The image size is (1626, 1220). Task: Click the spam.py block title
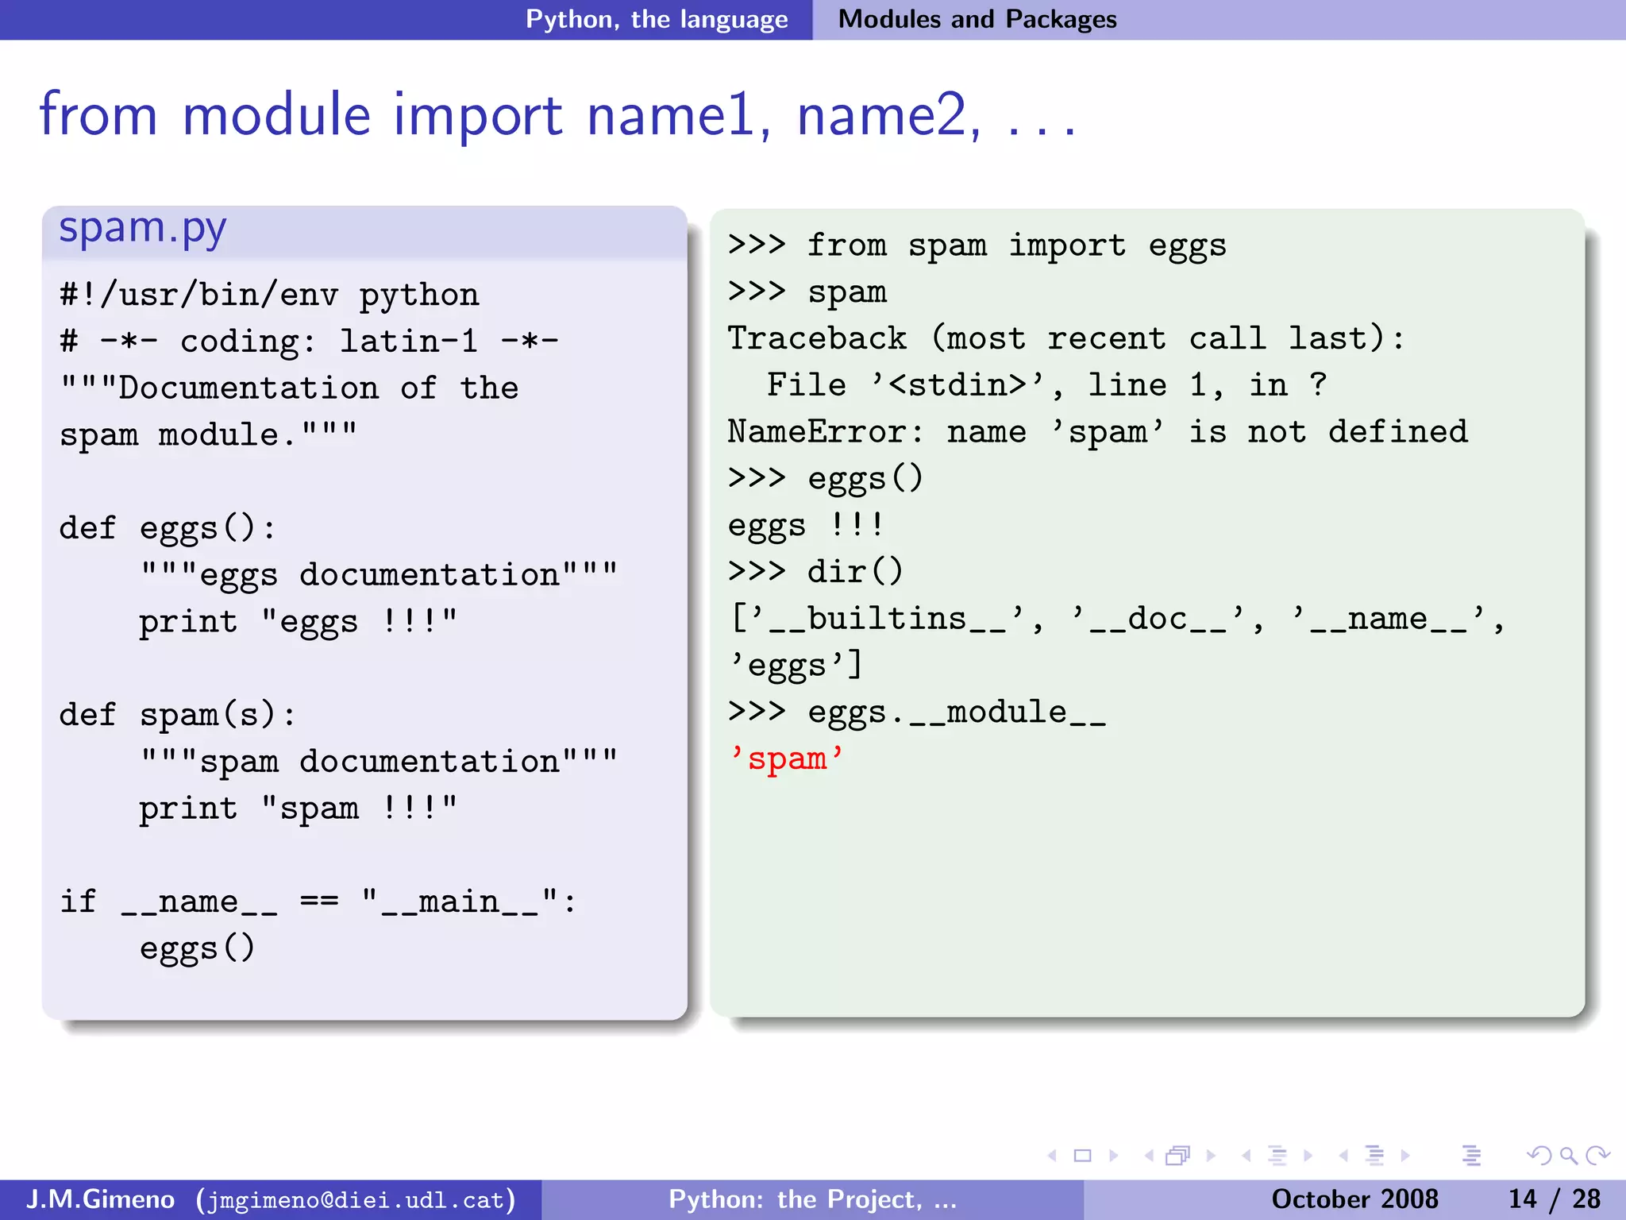(143, 229)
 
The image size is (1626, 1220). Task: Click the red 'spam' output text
(787, 759)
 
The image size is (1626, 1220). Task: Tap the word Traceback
(817, 339)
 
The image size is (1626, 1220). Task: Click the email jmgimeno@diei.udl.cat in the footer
(356, 1199)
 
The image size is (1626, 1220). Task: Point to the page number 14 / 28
(1554, 1199)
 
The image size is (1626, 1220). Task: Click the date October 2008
(1354, 1199)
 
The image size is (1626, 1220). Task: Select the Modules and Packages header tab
(977, 19)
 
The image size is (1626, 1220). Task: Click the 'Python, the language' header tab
(657, 19)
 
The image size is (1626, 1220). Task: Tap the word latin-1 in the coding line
(409, 342)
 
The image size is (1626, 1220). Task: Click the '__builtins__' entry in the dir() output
(887, 619)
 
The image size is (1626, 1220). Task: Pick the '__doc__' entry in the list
(1158, 619)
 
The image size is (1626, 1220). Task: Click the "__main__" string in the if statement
(460, 902)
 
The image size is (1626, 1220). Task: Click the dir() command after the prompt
(855, 572)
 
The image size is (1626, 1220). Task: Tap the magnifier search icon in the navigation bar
(1568, 1156)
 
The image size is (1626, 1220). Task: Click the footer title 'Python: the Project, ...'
(812, 1199)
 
